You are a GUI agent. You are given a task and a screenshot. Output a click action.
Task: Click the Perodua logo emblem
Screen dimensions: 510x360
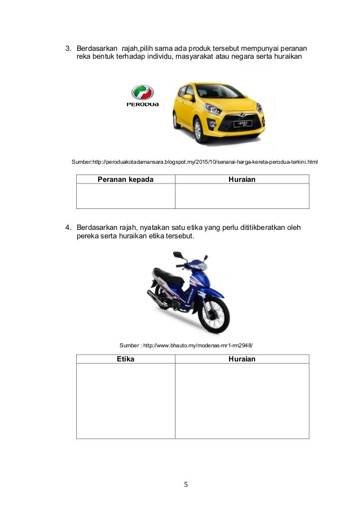(x=142, y=92)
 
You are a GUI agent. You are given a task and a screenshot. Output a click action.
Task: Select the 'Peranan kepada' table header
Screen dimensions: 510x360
(x=125, y=179)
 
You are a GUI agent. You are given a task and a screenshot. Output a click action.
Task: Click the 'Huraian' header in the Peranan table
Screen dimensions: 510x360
(x=242, y=179)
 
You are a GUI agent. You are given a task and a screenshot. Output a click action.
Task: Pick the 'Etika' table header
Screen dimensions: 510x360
(x=125, y=359)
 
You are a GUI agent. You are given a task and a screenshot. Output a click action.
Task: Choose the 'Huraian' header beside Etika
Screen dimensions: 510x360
(x=242, y=359)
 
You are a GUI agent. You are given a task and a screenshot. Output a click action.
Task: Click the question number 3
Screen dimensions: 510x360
(x=65, y=47)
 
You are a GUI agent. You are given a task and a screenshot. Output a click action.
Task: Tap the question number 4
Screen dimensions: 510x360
(x=65, y=228)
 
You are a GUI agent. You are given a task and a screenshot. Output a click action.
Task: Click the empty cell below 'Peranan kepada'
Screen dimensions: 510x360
(x=125, y=196)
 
